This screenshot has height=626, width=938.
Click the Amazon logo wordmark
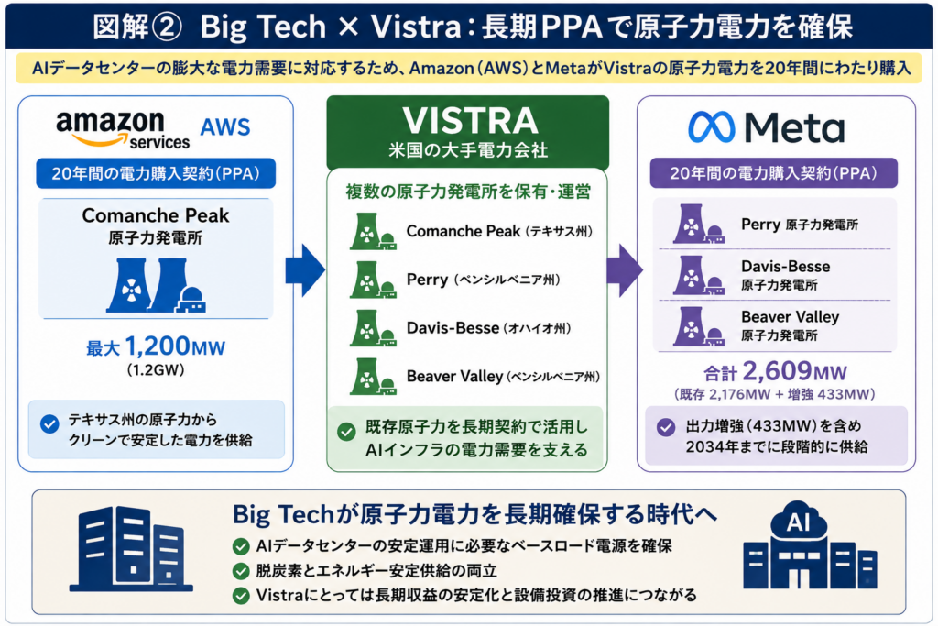(x=123, y=128)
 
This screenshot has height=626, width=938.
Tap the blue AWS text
(x=225, y=126)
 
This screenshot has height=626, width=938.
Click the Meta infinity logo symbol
(x=711, y=126)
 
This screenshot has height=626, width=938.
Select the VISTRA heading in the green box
(x=470, y=120)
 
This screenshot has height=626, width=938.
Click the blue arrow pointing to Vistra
(x=305, y=269)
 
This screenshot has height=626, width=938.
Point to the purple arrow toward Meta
(x=625, y=269)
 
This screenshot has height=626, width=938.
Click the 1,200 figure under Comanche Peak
(x=157, y=346)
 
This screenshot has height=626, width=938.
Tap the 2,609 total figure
(x=776, y=371)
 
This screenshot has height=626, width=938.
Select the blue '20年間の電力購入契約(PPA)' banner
(x=156, y=173)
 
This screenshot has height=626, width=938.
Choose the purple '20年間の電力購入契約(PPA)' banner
(x=773, y=173)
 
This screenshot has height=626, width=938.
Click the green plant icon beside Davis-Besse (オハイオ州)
(x=372, y=328)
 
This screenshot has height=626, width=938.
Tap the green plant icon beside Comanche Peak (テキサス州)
(x=372, y=231)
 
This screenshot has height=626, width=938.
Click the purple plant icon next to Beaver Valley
(x=698, y=327)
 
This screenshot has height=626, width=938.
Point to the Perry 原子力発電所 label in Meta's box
(x=799, y=225)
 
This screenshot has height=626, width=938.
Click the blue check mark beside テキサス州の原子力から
(x=49, y=424)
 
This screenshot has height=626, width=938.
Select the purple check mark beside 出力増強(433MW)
(x=666, y=427)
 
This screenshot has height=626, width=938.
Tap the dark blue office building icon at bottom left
(x=131, y=549)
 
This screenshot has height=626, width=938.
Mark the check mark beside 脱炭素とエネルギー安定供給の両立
(x=241, y=571)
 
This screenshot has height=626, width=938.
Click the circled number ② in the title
(x=164, y=27)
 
